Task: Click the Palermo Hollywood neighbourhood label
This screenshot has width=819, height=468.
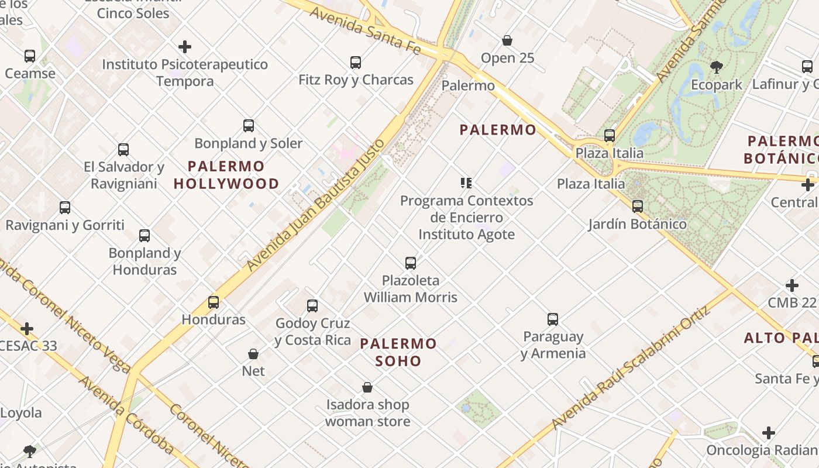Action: tap(226, 175)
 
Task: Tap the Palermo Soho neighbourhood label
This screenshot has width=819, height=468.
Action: tap(398, 352)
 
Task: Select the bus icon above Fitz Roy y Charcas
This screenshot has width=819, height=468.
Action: tap(356, 62)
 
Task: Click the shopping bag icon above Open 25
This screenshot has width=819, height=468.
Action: tap(507, 40)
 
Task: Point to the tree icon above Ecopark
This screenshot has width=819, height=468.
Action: tap(716, 67)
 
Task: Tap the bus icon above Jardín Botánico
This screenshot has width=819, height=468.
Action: tap(638, 206)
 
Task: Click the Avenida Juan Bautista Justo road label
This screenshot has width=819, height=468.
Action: tap(316, 205)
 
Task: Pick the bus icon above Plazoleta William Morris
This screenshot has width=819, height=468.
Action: tap(411, 263)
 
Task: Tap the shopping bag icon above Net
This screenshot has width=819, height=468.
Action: tap(253, 354)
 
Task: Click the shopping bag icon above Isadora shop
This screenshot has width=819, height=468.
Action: tap(367, 387)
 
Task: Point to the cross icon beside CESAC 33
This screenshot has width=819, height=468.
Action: tap(27, 328)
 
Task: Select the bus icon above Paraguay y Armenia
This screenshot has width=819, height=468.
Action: tap(553, 319)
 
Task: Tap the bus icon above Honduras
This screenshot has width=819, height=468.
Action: tap(214, 302)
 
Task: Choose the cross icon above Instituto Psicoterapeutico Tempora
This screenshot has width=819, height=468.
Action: tap(185, 46)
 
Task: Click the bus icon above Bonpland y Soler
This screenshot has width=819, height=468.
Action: tap(249, 125)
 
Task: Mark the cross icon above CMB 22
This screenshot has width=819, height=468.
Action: tap(792, 285)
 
